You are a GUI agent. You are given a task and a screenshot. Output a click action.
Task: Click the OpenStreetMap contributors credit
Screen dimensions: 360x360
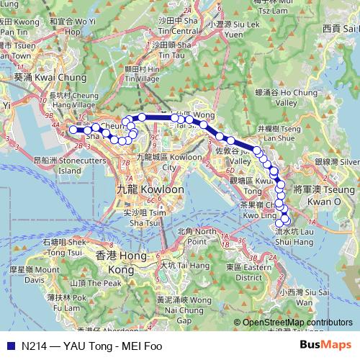tap(297, 323)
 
